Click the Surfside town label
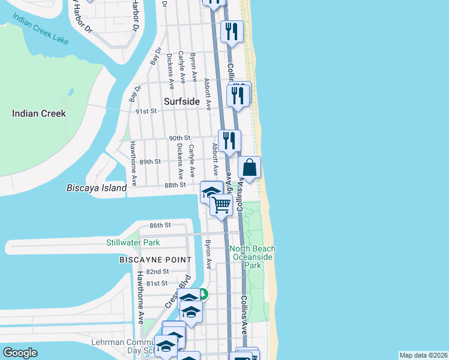coord(182,101)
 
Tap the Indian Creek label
coord(39,113)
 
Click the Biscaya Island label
coord(96,188)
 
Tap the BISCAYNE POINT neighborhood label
coord(155,260)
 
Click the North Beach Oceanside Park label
coord(253,257)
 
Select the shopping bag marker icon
coord(250,168)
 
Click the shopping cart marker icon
coord(221,205)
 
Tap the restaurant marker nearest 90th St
coord(229,140)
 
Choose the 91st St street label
coord(145,111)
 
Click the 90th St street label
coord(179,138)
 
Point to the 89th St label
coord(150,161)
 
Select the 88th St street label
coord(175,185)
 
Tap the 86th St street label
coord(161,225)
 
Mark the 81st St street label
coord(157,283)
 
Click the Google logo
coord(20,353)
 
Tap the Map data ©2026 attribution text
coord(423,355)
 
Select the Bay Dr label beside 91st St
coord(134,94)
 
